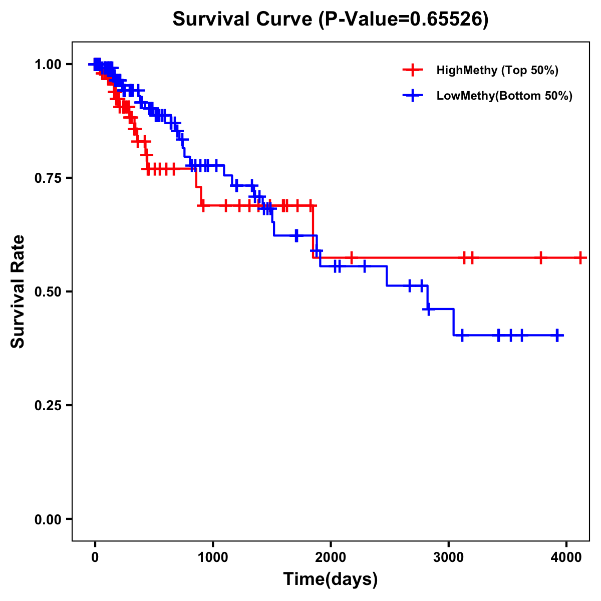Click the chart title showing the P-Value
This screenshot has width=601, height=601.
(x=330, y=20)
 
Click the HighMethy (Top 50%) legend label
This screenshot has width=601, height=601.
(x=497, y=70)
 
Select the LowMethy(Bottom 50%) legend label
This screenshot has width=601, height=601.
(x=504, y=96)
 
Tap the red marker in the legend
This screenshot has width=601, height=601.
(x=413, y=70)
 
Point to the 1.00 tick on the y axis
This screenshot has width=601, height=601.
(x=48, y=65)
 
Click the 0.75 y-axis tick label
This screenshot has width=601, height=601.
(x=48, y=178)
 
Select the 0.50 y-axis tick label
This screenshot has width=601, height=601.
(x=48, y=292)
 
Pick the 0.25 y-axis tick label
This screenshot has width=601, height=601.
(x=48, y=406)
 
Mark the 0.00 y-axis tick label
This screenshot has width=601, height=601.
(x=48, y=519)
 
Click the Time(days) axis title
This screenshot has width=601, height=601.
(x=331, y=579)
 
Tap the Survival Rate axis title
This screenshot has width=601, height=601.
(x=18, y=291)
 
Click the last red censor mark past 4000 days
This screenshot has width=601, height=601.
(x=580, y=258)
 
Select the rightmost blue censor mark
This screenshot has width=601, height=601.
(x=557, y=335)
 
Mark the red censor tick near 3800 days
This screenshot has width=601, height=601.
(x=540, y=258)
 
